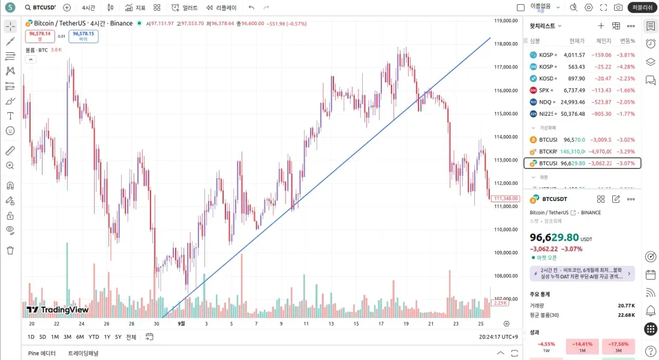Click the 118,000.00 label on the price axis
click(x=505, y=44)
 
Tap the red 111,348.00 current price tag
click(x=505, y=199)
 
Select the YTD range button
click(x=94, y=337)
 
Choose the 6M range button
click(x=80, y=337)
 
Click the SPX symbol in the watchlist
click(x=544, y=90)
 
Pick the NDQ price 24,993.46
click(x=573, y=102)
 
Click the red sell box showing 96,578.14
click(x=40, y=35)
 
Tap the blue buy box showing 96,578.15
click(x=83, y=35)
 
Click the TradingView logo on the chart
click(x=58, y=310)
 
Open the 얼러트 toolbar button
click(x=184, y=8)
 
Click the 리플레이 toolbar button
click(x=221, y=8)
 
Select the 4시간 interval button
click(x=88, y=8)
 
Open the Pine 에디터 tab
click(x=42, y=353)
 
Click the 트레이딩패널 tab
click(x=83, y=353)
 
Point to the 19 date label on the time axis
click(x=406, y=323)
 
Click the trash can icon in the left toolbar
click(x=10, y=250)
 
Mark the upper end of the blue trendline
click(x=491, y=37)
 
